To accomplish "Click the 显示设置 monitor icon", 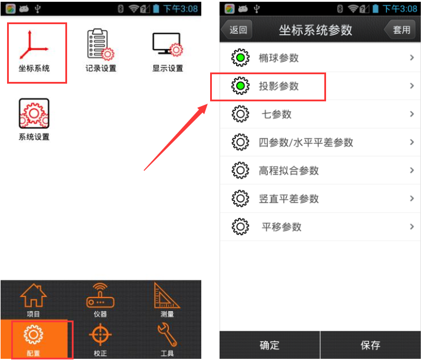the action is (x=167, y=44).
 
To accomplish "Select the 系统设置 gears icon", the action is (x=34, y=113).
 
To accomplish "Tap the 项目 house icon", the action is (x=34, y=295).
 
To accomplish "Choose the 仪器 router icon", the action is (x=101, y=295).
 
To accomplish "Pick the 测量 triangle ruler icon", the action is (x=167, y=295).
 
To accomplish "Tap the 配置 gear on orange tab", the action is (x=34, y=335).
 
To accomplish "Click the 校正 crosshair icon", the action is (x=101, y=335).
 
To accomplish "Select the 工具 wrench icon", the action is (x=167, y=335).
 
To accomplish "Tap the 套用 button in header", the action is (x=400, y=29).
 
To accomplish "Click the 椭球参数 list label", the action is (x=278, y=58).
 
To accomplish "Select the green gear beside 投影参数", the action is (x=240, y=86).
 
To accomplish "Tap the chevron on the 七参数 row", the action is (x=412, y=114).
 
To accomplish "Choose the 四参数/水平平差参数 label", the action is (x=305, y=142).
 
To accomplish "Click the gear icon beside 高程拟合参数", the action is (x=240, y=170).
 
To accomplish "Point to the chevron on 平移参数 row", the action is (x=412, y=227).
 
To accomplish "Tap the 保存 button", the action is (x=370, y=345).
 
